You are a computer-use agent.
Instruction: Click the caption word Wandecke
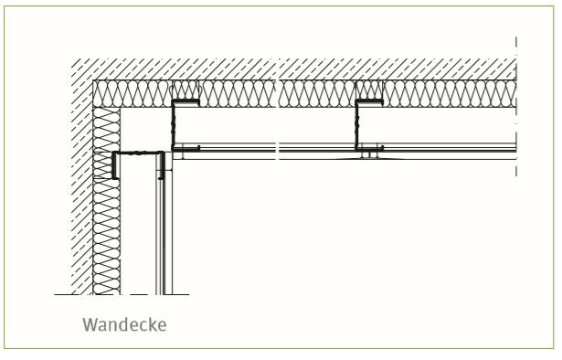(124, 325)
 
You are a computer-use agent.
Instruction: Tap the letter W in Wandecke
(90, 325)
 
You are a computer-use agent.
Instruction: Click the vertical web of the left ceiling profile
(175, 124)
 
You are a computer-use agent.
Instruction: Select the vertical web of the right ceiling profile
(357, 124)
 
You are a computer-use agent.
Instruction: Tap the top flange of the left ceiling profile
(186, 102)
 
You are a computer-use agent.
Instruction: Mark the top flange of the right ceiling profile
(369, 102)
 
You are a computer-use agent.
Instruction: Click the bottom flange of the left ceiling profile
(186, 148)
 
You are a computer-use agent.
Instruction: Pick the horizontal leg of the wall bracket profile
(139, 154)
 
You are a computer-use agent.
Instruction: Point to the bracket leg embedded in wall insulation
(115, 165)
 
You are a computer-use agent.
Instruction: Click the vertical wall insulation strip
(106, 201)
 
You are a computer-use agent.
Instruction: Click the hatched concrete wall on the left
(81, 179)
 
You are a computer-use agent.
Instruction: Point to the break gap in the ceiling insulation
(277, 94)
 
